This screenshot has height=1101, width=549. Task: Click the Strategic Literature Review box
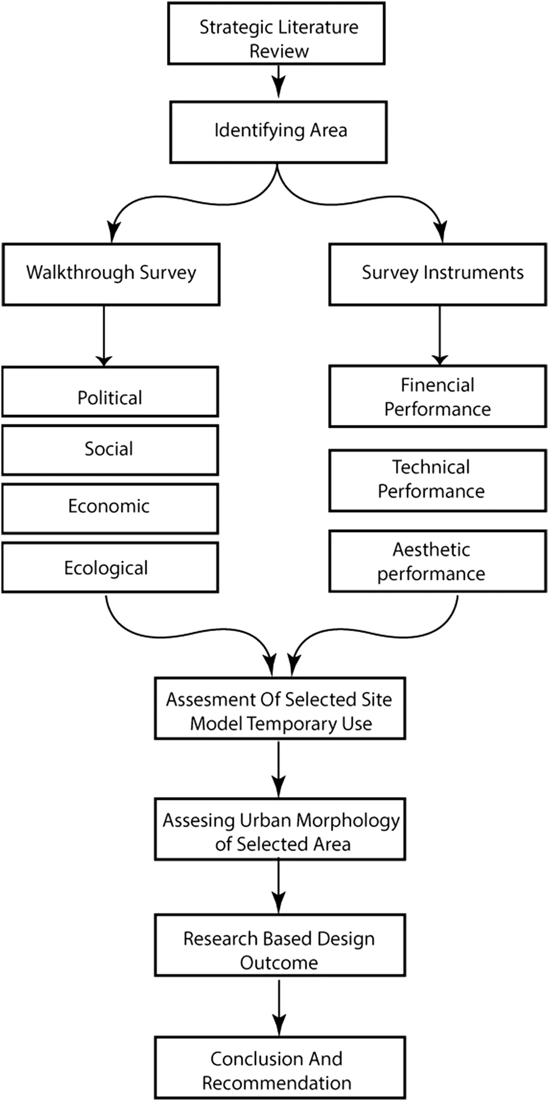pos(276,33)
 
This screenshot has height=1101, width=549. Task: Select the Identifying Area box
pos(278,132)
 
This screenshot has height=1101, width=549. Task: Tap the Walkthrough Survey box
pos(111,275)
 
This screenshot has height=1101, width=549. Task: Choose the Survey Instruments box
pos(438,275)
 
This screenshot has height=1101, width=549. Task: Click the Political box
pos(110,392)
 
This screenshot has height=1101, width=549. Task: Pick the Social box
pos(110,450)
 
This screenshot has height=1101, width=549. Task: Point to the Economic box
pos(110,509)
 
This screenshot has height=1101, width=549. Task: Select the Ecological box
pos(110,567)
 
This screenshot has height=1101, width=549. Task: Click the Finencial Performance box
pos(438,396)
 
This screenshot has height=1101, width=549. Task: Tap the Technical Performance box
pos(438,481)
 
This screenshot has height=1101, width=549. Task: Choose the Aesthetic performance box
pos(438,561)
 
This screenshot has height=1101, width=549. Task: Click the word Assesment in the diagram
pos(207,699)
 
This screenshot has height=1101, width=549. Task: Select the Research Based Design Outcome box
pos(280,945)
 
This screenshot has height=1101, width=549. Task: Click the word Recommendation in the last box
pos(277,1083)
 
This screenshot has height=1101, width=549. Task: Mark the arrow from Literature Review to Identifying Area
pos(278,81)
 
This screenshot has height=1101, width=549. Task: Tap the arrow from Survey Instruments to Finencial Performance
pos(439,335)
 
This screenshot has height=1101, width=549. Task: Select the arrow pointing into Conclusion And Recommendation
pos(279,1007)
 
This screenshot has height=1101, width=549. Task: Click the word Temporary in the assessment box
pos(294,724)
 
